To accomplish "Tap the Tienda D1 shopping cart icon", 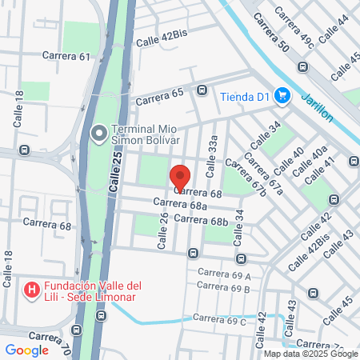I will click(x=282, y=97).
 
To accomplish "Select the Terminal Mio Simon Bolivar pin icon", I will click(x=99, y=133).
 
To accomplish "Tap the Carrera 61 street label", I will click(x=67, y=57).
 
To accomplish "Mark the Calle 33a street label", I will click(x=212, y=155).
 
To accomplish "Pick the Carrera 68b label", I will click(x=201, y=219).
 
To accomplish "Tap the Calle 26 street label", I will click(x=163, y=230).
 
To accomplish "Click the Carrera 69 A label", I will click(x=224, y=275).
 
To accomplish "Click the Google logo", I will click(x=26, y=350).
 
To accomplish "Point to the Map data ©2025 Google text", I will click(x=311, y=354).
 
